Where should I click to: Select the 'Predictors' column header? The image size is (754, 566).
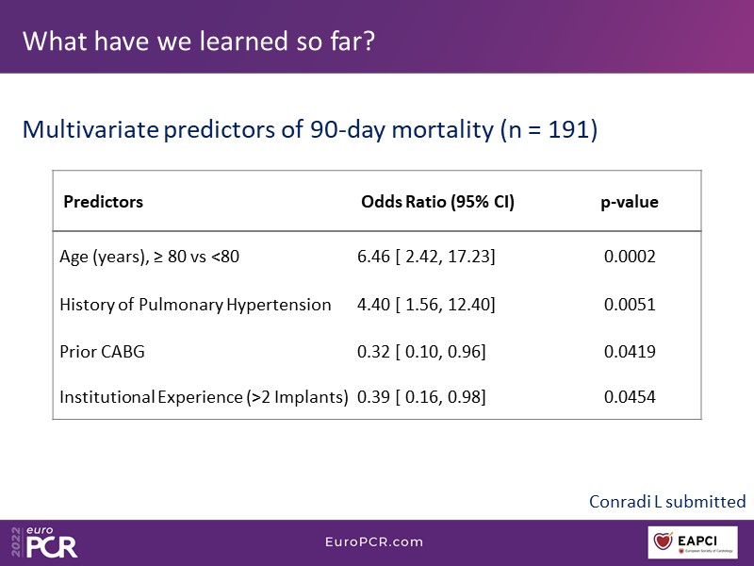coord(103,202)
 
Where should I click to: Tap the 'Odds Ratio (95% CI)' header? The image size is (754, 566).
coord(437,202)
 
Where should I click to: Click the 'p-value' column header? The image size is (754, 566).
coord(630,202)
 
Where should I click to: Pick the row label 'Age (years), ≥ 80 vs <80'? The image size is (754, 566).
coord(150,257)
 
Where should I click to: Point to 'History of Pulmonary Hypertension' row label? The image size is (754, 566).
coord(195,305)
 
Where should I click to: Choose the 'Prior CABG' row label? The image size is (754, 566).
coord(102,352)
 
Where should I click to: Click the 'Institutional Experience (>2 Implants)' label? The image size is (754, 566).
coord(204,398)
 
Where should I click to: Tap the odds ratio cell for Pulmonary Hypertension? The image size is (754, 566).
coord(426,305)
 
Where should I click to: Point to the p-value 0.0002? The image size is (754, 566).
coord(630,257)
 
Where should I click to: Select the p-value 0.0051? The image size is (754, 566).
coord(630,305)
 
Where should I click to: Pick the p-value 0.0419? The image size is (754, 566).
coord(630,352)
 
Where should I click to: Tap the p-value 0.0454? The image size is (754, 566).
coord(630,398)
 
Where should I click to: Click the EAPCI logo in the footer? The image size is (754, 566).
coord(693,542)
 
